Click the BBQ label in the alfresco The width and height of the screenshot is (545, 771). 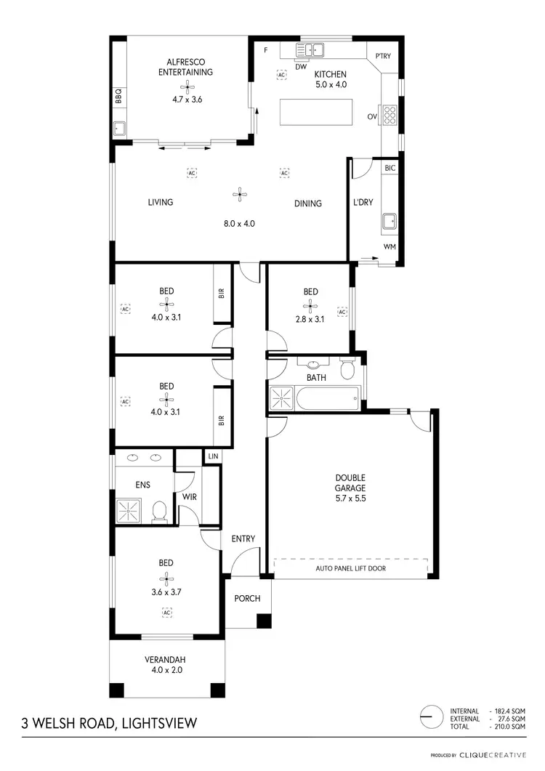tap(118, 97)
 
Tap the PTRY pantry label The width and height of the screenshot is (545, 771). tap(383, 56)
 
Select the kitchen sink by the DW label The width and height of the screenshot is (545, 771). tap(310, 50)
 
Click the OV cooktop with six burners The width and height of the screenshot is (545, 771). tap(389, 115)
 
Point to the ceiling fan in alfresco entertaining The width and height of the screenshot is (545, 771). tap(187, 87)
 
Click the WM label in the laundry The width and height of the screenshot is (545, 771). tap(389, 248)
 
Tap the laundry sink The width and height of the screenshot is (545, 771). tap(389, 220)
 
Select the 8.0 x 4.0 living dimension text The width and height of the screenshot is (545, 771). tap(239, 224)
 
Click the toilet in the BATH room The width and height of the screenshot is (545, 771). tap(347, 371)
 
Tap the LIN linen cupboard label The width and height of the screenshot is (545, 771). tap(212, 456)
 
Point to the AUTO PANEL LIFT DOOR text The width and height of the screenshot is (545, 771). tap(351, 568)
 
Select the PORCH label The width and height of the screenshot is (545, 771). tap(241, 599)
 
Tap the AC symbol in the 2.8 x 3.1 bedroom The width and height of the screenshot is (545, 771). tap(342, 312)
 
